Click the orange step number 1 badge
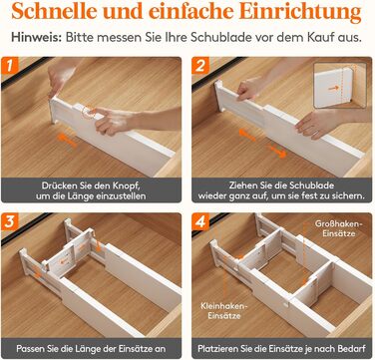tap(9, 65)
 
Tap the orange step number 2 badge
tap(200, 65)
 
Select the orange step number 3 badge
tap(9, 221)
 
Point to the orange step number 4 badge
tap(200, 221)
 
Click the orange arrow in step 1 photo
tap(67, 140)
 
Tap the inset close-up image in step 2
tap(340, 85)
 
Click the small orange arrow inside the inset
tap(334, 88)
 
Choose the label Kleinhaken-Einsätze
tap(224, 310)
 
